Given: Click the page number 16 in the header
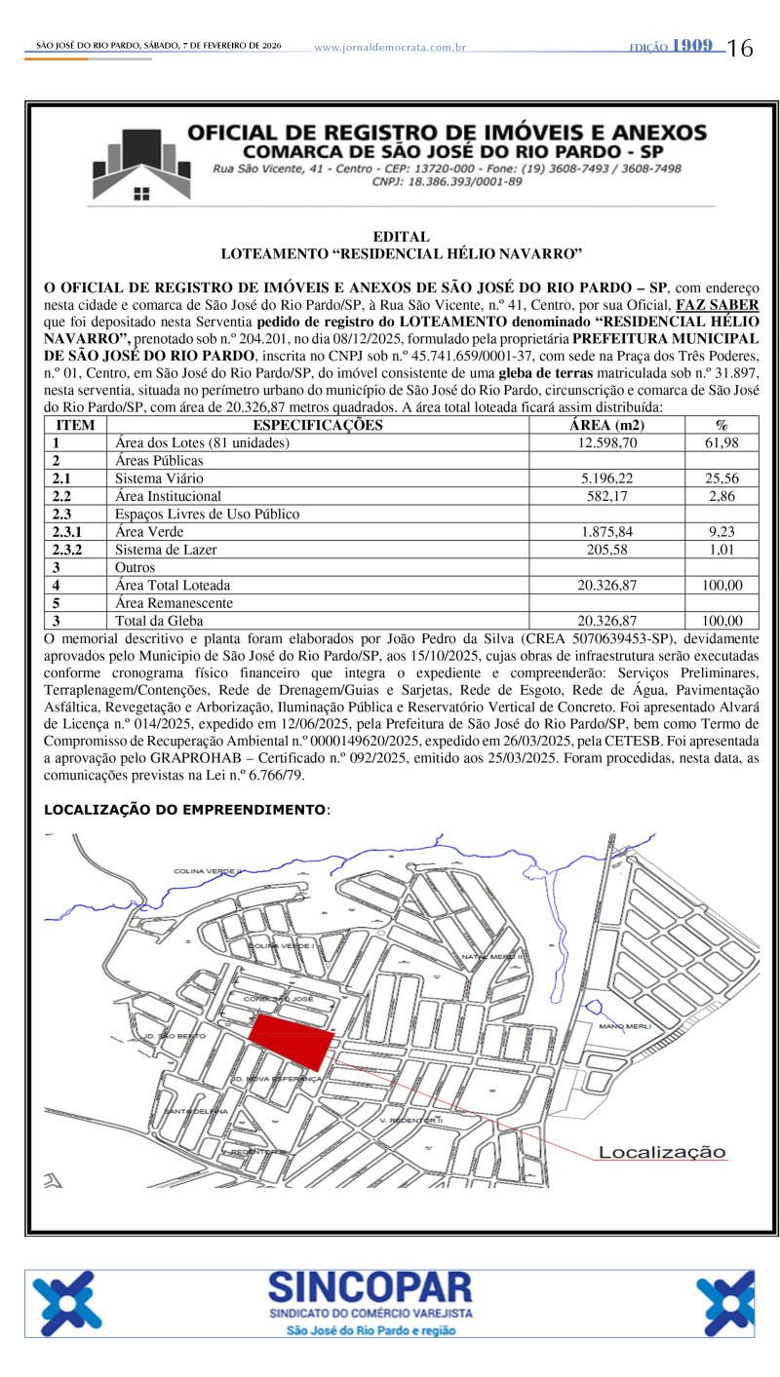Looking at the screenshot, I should [740, 48].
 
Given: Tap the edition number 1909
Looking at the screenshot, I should [691, 46].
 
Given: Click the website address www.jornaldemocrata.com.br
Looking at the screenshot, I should [390, 47].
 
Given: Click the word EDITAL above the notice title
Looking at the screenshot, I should [401, 237].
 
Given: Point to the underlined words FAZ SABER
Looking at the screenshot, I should [717, 304].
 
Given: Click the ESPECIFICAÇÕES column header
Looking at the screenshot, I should [318, 425].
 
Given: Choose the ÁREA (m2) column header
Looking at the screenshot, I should [606, 425].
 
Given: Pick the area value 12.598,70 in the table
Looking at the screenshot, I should [606, 442].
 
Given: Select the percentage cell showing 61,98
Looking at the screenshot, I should [721, 442].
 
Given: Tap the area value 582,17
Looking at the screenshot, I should [606, 496].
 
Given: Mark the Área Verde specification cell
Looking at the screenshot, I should [149, 532].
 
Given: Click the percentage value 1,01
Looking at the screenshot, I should [721, 550].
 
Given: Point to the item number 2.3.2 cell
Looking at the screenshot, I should [70, 550].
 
